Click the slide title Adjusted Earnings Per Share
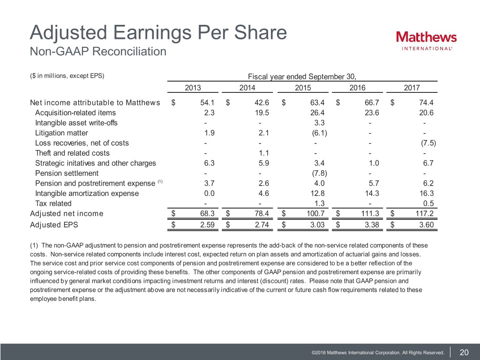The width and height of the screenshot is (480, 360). (158, 33)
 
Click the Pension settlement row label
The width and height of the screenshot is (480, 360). (67, 173)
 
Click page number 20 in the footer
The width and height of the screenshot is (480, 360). (465, 352)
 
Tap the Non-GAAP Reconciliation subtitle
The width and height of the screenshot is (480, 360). (98, 51)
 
